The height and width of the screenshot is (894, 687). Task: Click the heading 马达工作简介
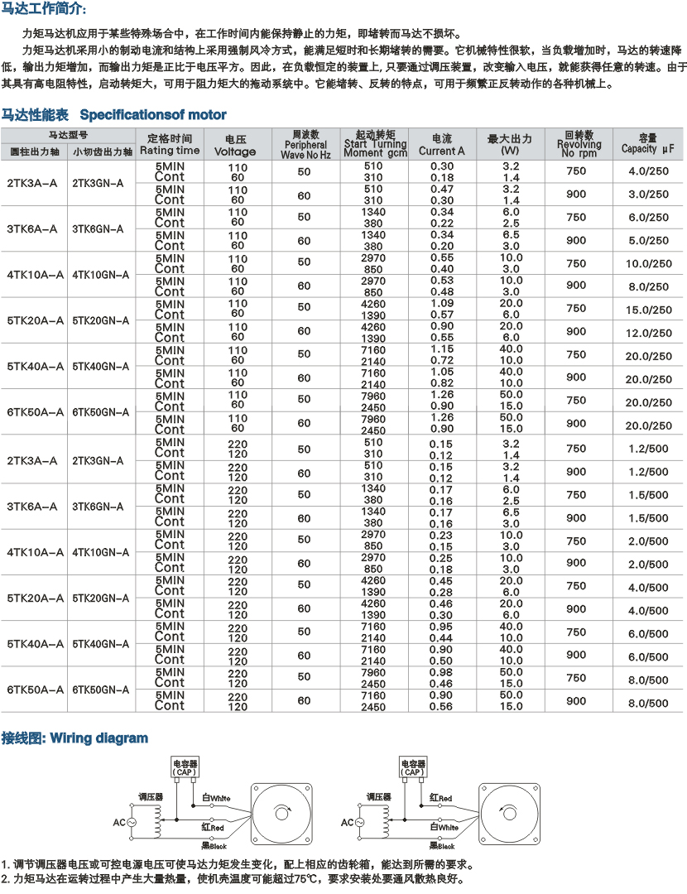pyautogui.click(x=43, y=9)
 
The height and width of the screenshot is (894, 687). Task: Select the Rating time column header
pyautogui.click(x=170, y=144)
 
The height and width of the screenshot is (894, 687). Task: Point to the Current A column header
pyautogui.click(x=442, y=146)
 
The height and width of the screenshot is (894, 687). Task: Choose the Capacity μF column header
pyautogui.click(x=648, y=144)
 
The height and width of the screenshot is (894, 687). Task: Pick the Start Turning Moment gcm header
pyautogui.click(x=374, y=144)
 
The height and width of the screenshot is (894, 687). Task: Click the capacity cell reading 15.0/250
pyautogui.click(x=648, y=310)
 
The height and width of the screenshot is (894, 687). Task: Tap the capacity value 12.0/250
pyautogui.click(x=648, y=333)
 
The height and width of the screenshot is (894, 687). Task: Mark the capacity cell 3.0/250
pyautogui.click(x=648, y=195)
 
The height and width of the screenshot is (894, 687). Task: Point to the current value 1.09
pyautogui.click(x=442, y=304)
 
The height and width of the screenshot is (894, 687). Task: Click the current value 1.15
pyautogui.click(x=442, y=349)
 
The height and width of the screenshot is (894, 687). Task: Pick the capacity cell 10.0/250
pyautogui.click(x=648, y=264)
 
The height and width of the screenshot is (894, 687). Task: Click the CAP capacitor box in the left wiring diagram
pyautogui.click(x=185, y=767)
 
